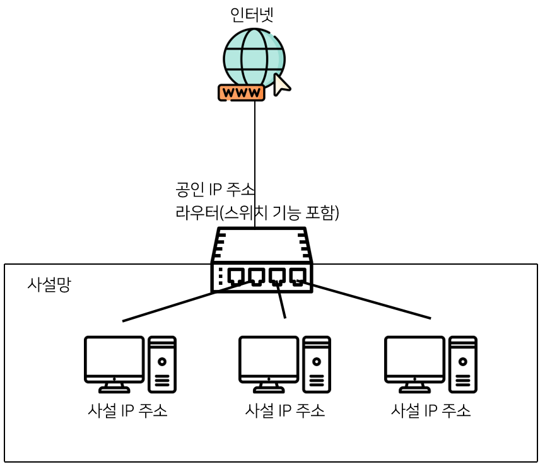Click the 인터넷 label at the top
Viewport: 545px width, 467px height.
[252, 14]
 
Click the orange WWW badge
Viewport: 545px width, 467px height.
[241, 93]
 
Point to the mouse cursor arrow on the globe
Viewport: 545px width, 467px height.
[281, 84]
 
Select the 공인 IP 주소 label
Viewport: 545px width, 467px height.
[215, 189]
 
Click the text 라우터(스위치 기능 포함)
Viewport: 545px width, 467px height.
[257, 213]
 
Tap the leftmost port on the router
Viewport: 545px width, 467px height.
[237, 276]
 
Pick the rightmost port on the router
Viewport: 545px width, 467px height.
[297, 276]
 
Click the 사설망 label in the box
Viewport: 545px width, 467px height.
[49, 285]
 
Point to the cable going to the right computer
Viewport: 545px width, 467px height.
[372, 303]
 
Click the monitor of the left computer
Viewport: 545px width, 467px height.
[114, 359]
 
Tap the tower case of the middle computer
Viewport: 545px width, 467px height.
[316, 364]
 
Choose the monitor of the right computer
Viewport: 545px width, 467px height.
[414, 359]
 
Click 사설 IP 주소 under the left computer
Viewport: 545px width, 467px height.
[128, 411]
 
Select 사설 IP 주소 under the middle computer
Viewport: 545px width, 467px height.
[285, 411]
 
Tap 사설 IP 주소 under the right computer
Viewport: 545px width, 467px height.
[431, 411]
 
